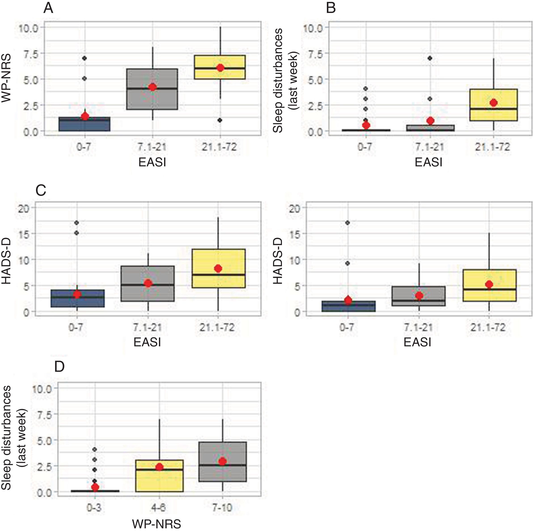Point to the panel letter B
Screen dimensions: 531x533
coord(331,8)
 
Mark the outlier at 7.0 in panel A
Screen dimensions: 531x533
coord(85,58)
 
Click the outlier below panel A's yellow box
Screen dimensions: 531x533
coord(220,120)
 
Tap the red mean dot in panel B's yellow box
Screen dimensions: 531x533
coord(494,103)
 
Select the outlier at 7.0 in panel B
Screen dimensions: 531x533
coord(430,58)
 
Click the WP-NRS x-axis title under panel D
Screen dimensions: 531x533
coord(157,524)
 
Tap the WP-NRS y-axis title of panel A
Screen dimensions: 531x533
coord(6,78)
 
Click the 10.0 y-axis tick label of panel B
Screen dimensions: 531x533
coord(313,28)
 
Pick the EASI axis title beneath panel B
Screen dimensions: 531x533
coord(428,162)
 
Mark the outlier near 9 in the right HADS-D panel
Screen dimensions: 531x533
coord(348,263)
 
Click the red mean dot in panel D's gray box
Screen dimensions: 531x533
coord(222,462)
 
